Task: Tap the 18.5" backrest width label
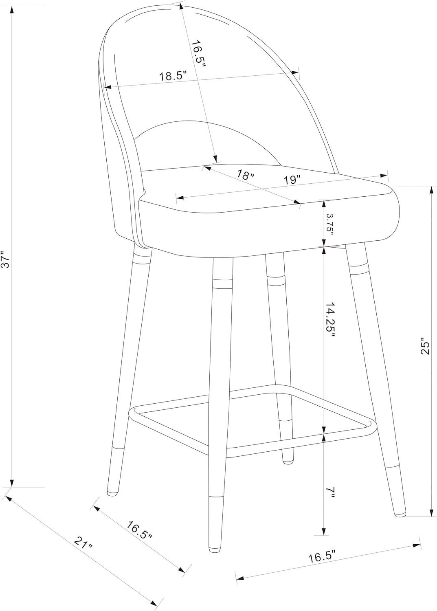pos(173,76)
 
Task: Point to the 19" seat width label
pos(292,180)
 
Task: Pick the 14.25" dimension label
pos(329,319)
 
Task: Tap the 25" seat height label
pos(425,347)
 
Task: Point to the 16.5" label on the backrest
pos(198,54)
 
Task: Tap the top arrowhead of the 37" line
pos(12,10)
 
